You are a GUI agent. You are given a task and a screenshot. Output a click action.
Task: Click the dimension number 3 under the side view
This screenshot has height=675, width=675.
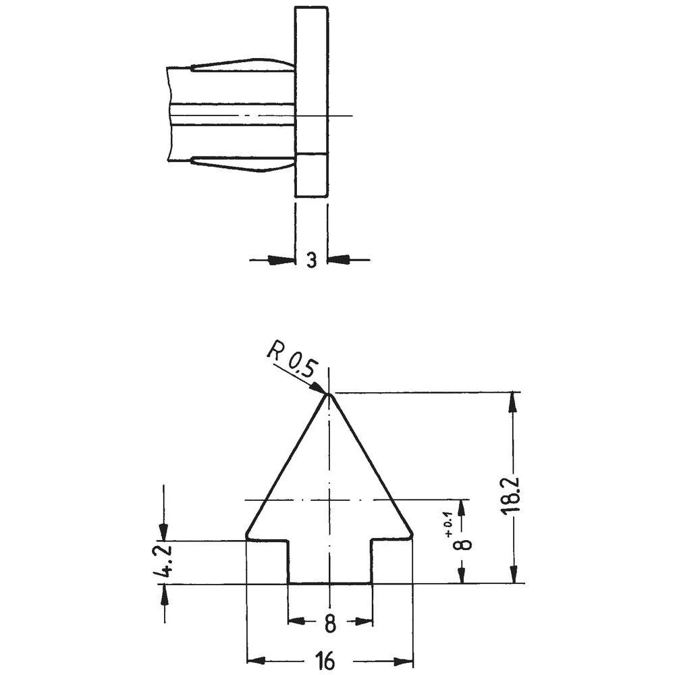click(x=311, y=260)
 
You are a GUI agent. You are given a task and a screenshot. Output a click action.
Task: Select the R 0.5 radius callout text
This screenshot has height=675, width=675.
click(x=292, y=358)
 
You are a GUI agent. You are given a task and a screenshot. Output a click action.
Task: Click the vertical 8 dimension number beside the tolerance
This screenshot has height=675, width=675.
click(x=462, y=544)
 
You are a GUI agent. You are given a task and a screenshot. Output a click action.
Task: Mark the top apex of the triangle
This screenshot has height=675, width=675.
click(x=329, y=394)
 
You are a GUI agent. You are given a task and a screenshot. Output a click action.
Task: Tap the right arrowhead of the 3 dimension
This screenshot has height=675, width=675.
click(x=337, y=259)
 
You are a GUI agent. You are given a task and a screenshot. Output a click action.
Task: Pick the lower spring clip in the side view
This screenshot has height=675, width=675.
click(x=243, y=163)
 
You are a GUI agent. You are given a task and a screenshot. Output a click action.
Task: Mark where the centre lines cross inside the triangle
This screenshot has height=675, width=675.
click(x=329, y=500)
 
